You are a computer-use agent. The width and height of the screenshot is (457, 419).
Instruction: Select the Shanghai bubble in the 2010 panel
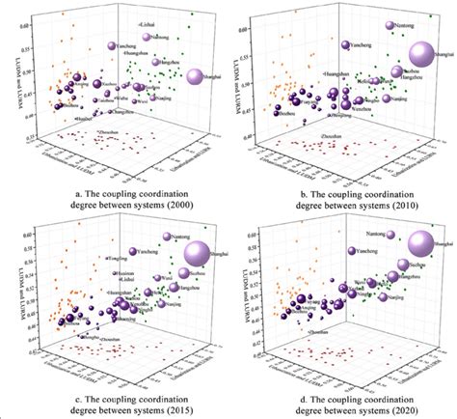[421, 55]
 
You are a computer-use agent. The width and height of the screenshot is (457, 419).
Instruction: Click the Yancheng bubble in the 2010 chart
[345, 43]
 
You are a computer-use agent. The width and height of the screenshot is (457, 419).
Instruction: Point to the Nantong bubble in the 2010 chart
[389, 26]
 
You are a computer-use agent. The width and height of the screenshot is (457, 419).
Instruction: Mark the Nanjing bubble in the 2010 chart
[385, 98]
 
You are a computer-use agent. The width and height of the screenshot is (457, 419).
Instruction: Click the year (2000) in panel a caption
[178, 209]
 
